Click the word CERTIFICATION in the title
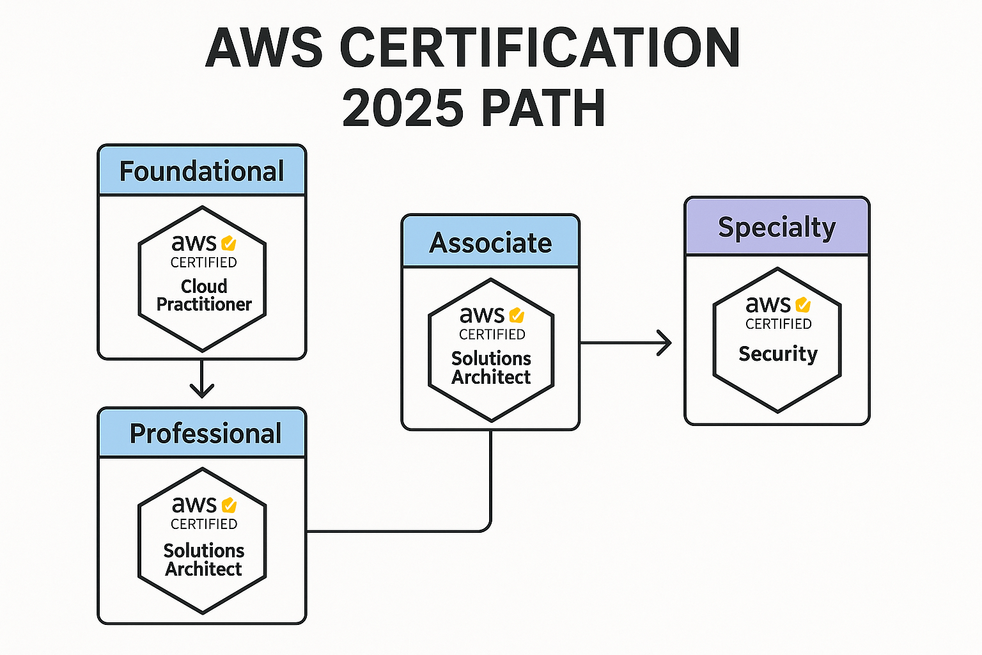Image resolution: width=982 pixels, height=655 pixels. [540, 48]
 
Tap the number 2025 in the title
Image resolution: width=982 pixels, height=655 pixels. [403, 108]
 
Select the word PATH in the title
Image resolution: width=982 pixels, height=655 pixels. [543, 108]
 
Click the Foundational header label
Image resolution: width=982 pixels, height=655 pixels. [202, 171]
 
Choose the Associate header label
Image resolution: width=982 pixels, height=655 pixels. [490, 242]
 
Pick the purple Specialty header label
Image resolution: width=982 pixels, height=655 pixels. [777, 227]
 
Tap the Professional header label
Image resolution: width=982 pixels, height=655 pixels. [205, 434]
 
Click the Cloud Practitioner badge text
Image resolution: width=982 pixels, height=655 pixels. [204, 295]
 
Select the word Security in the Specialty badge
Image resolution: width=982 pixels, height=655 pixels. [778, 354]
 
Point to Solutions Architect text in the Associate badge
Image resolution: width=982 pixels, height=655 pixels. [491, 368]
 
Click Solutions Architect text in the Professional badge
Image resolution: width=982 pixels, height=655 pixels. [204, 560]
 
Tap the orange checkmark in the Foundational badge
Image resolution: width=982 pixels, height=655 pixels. [229, 244]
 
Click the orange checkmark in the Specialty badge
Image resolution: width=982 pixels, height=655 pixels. [803, 305]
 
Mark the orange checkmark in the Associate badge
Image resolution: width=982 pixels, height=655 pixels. [517, 315]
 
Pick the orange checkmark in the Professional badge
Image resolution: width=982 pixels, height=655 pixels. [229, 505]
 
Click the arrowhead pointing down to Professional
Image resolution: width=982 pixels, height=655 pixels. [202, 390]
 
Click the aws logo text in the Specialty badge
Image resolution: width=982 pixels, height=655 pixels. [768, 305]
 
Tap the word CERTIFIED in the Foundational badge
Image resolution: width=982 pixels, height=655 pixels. [204, 262]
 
